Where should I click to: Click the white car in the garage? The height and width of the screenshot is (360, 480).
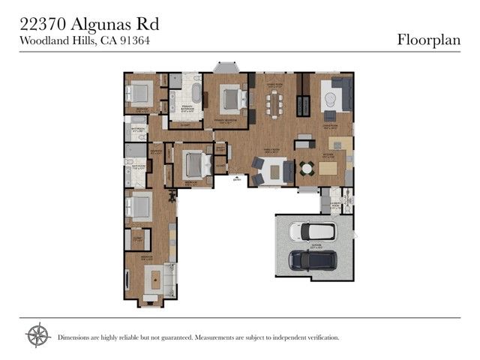[313, 231]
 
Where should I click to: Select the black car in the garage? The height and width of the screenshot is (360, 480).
[313, 260]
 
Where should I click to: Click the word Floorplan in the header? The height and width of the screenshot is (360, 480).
[428, 40]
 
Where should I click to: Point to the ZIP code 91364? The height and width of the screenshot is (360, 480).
[136, 41]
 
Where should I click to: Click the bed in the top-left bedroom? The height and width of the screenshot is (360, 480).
[140, 94]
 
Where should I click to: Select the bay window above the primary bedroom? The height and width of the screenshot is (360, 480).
[227, 67]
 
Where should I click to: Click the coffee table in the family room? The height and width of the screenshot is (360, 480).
[274, 172]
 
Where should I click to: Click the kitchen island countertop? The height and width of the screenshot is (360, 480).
[328, 168]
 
